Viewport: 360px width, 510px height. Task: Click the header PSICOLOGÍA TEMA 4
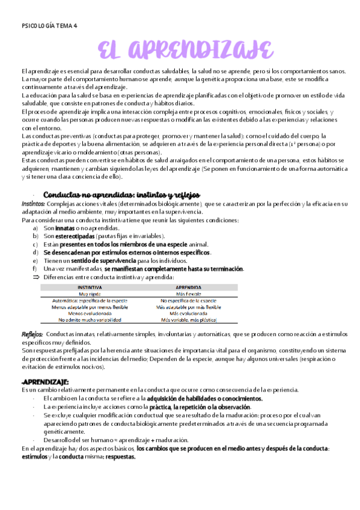click(49, 26)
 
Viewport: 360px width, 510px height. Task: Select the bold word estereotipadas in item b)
click(76, 236)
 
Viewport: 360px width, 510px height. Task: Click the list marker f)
click(35, 268)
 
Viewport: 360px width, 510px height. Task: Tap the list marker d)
click(36, 252)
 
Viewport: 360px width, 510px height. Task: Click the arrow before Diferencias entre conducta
click(35, 277)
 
